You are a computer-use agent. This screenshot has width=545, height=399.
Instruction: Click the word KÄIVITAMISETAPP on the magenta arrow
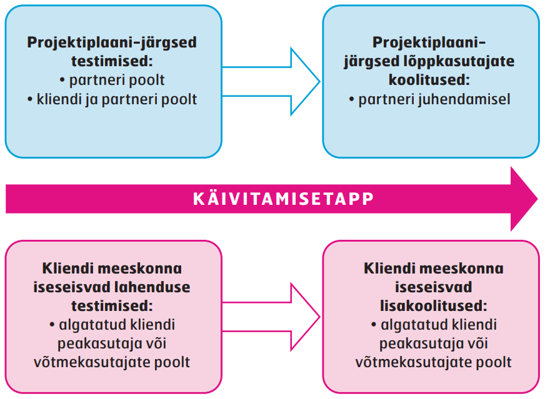283,199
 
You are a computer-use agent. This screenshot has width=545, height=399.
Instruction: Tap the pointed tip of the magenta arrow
537,199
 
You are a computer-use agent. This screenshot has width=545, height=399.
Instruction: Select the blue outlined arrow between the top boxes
271,82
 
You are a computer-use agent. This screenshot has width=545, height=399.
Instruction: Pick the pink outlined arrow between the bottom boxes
271,317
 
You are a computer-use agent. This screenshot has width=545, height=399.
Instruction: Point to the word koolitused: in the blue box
429,80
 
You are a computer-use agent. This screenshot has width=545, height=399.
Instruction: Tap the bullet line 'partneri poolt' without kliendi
112,80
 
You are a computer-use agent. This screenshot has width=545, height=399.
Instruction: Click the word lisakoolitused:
433,306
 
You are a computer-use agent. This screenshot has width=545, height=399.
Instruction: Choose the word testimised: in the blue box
112,61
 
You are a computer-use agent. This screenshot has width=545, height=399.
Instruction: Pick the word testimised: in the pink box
112,306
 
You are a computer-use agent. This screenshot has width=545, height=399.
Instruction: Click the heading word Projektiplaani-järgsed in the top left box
112,42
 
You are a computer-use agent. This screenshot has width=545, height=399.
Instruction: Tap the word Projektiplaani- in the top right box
429,42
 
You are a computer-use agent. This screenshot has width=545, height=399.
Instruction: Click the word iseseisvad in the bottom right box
433,287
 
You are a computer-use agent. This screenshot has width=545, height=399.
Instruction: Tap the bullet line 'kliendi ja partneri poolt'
112,99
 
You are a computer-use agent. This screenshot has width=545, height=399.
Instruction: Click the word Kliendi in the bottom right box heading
389,268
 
